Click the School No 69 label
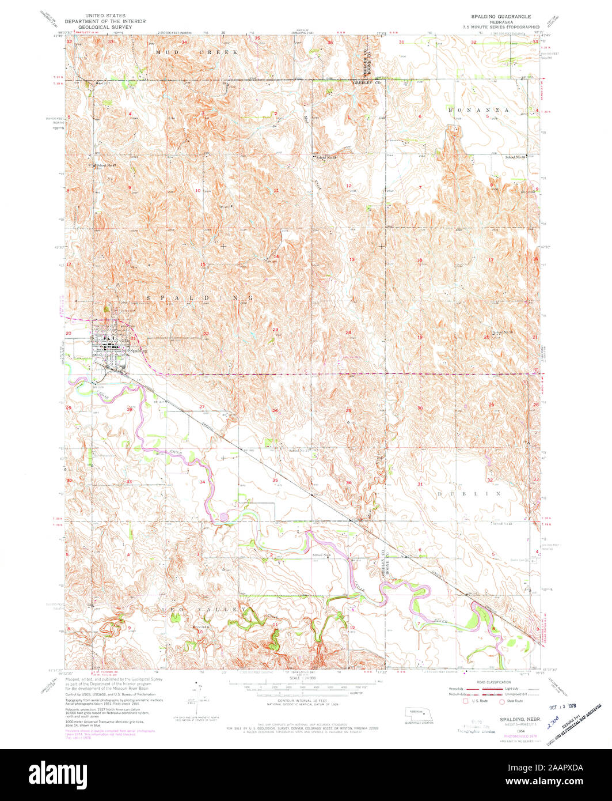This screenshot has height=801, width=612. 516,157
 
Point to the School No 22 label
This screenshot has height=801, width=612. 501,524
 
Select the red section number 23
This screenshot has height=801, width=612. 275,330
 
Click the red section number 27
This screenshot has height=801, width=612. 202,407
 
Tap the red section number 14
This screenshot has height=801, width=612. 276,256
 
